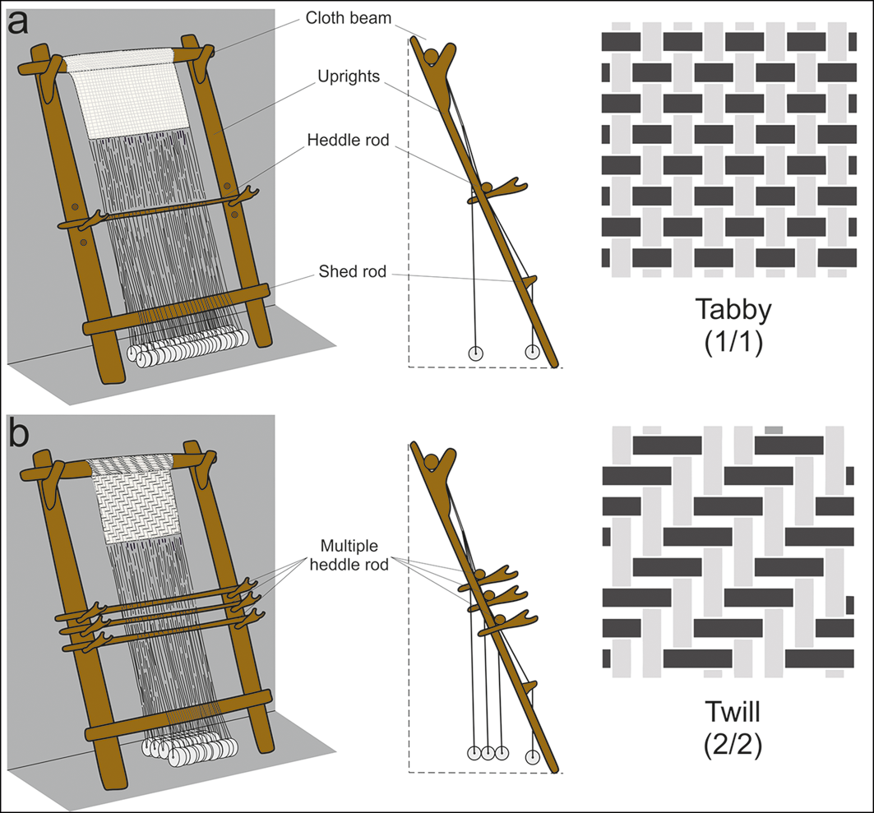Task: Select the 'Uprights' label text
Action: click(349, 76)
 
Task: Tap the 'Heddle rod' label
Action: click(348, 139)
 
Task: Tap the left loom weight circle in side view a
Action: click(475, 353)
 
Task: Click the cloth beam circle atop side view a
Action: click(432, 54)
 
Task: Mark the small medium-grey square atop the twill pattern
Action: click(774, 429)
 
